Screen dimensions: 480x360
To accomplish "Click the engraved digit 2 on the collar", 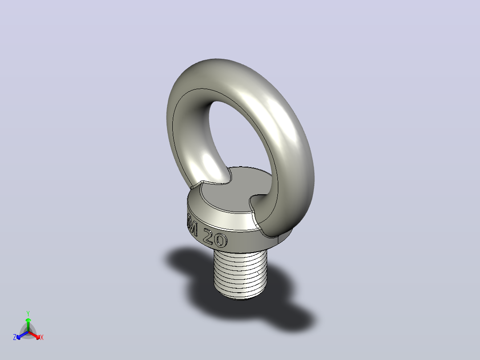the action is (x=209, y=236).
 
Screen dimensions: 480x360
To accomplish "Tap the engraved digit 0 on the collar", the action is (x=221, y=240).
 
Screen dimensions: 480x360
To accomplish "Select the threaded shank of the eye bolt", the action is (x=240, y=274).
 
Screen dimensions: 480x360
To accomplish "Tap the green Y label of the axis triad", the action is (x=28, y=313).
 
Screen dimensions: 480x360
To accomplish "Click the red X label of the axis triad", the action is (x=42, y=337).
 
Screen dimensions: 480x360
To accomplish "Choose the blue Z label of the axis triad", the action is (x=15, y=337).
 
